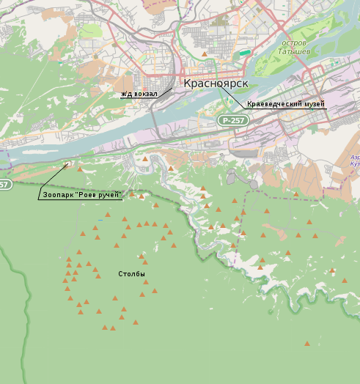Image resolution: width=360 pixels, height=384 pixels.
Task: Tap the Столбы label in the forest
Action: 132,274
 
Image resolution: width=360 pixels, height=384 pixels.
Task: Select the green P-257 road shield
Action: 233,119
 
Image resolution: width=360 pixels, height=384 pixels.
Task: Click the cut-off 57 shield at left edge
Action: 5,185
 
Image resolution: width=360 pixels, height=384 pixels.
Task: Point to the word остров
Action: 294,43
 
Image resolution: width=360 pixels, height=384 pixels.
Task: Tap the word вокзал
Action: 146,94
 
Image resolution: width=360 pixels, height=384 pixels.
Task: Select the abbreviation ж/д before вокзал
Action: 127,94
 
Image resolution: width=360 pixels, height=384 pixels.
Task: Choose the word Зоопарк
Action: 59,195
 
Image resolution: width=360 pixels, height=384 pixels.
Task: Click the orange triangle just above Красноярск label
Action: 204,53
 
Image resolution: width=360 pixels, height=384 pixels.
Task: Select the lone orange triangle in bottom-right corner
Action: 307,343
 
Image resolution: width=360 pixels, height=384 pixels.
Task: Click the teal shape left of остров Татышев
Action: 245,53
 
